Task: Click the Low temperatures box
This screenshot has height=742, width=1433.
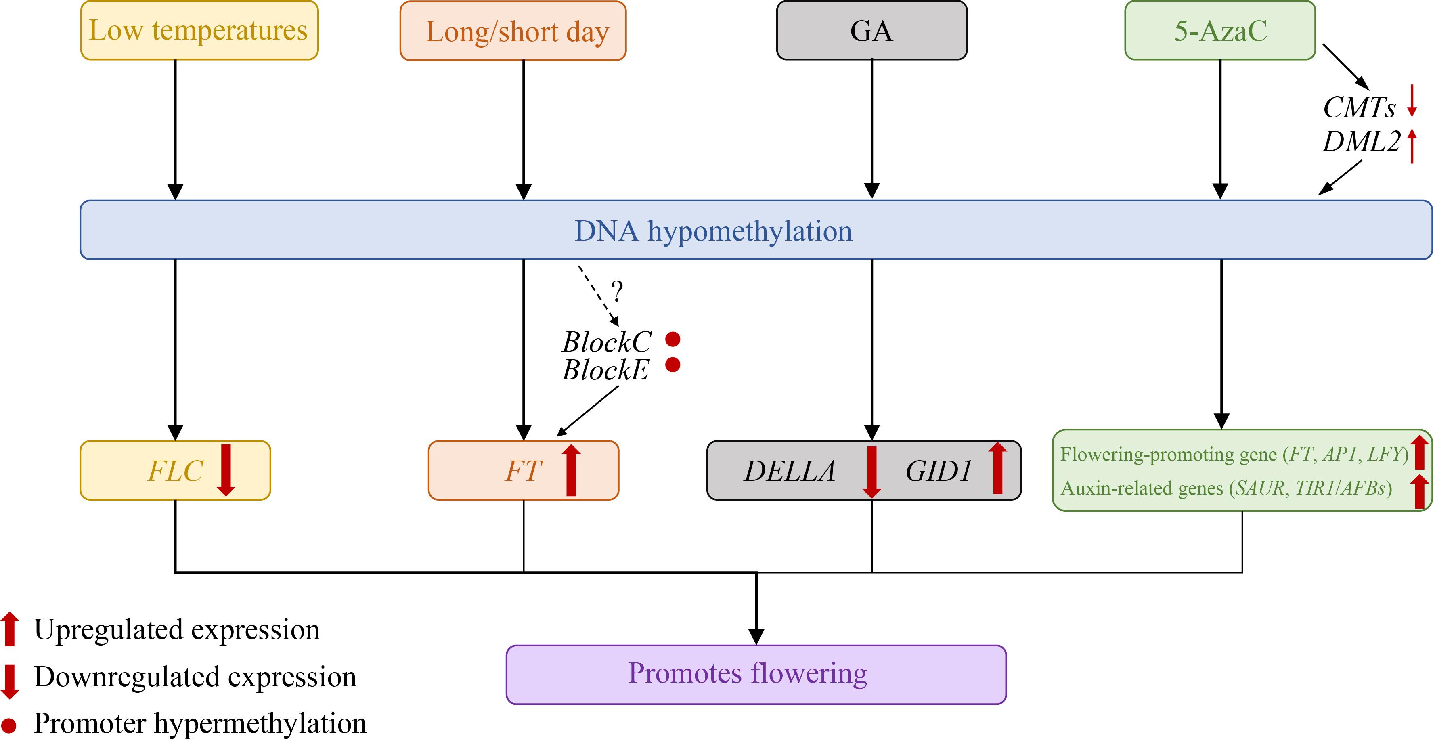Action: pyautogui.click(x=199, y=31)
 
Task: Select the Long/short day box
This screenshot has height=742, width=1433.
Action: pyautogui.click(x=513, y=31)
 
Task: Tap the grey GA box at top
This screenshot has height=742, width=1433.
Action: pyautogui.click(x=872, y=31)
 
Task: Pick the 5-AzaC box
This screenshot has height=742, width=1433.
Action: pyautogui.click(x=1220, y=31)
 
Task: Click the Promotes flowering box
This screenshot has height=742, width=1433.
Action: pyautogui.click(x=756, y=675)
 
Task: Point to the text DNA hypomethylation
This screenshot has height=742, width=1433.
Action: pyautogui.click(x=713, y=231)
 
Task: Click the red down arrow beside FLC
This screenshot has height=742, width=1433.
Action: pyautogui.click(x=226, y=470)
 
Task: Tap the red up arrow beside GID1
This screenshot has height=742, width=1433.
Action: pyautogui.click(x=997, y=468)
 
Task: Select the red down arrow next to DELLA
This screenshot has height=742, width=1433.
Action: pyautogui.click(x=872, y=472)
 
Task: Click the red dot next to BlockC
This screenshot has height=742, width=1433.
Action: pyautogui.click(x=673, y=339)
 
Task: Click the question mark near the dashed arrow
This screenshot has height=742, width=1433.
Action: pyautogui.click(x=617, y=291)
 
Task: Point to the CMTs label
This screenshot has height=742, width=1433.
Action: pyautogui.click(x=1359, y=107)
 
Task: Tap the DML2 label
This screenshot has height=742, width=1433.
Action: pyautogui.click(x=1361, y=142)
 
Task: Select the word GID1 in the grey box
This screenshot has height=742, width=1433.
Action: pyautogui.click(x=939, y=471)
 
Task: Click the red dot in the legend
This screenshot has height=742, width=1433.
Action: pyautogui.click(x=9, y=725)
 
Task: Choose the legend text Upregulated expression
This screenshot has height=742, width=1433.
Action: pyautogui.click(x=177, y=630)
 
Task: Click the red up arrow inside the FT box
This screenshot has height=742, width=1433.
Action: pyautogui.click(x=571, y=470)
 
